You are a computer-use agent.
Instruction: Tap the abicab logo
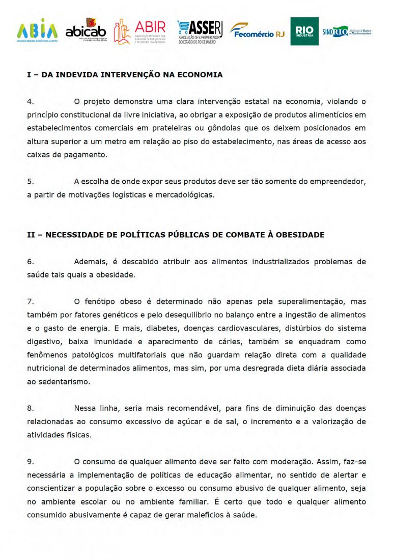(86, 30)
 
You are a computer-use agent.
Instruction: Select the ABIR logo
(140, 32)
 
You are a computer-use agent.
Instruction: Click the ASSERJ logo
(200, 32)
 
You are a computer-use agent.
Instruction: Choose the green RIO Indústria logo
(304, 32)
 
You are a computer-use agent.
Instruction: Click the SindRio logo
(347, 32)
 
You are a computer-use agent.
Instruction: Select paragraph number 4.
(31, 101)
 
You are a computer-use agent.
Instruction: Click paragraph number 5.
(31, 181)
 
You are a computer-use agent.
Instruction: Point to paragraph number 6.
(31, 262)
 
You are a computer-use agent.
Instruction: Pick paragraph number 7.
(31, 301)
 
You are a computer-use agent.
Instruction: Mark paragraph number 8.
(31, 408)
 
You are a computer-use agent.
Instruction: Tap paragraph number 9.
(31, 462)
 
